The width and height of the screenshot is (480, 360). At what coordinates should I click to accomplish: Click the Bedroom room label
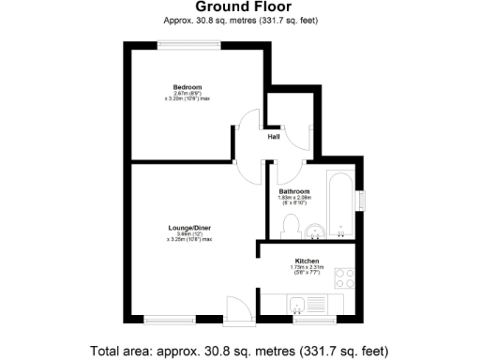[187, 87]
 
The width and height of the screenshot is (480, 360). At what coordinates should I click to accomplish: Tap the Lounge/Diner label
[188, 228]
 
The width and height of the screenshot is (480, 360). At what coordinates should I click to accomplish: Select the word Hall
[274, 137]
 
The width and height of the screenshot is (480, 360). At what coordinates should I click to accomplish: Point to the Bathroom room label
[293, 191]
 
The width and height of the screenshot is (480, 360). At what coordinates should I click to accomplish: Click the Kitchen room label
[307, 261]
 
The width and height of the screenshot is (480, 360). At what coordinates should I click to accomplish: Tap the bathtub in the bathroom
[339, 201]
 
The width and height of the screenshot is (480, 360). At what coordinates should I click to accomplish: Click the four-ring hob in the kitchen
[344, 277]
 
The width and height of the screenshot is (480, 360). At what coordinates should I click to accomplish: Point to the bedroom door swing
[247, 124]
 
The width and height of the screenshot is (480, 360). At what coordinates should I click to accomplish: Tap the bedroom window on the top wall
[184, 43]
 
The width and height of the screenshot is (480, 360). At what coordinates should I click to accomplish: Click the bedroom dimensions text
[187, 97]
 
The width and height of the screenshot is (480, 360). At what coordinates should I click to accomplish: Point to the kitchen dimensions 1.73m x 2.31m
[307, 270]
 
